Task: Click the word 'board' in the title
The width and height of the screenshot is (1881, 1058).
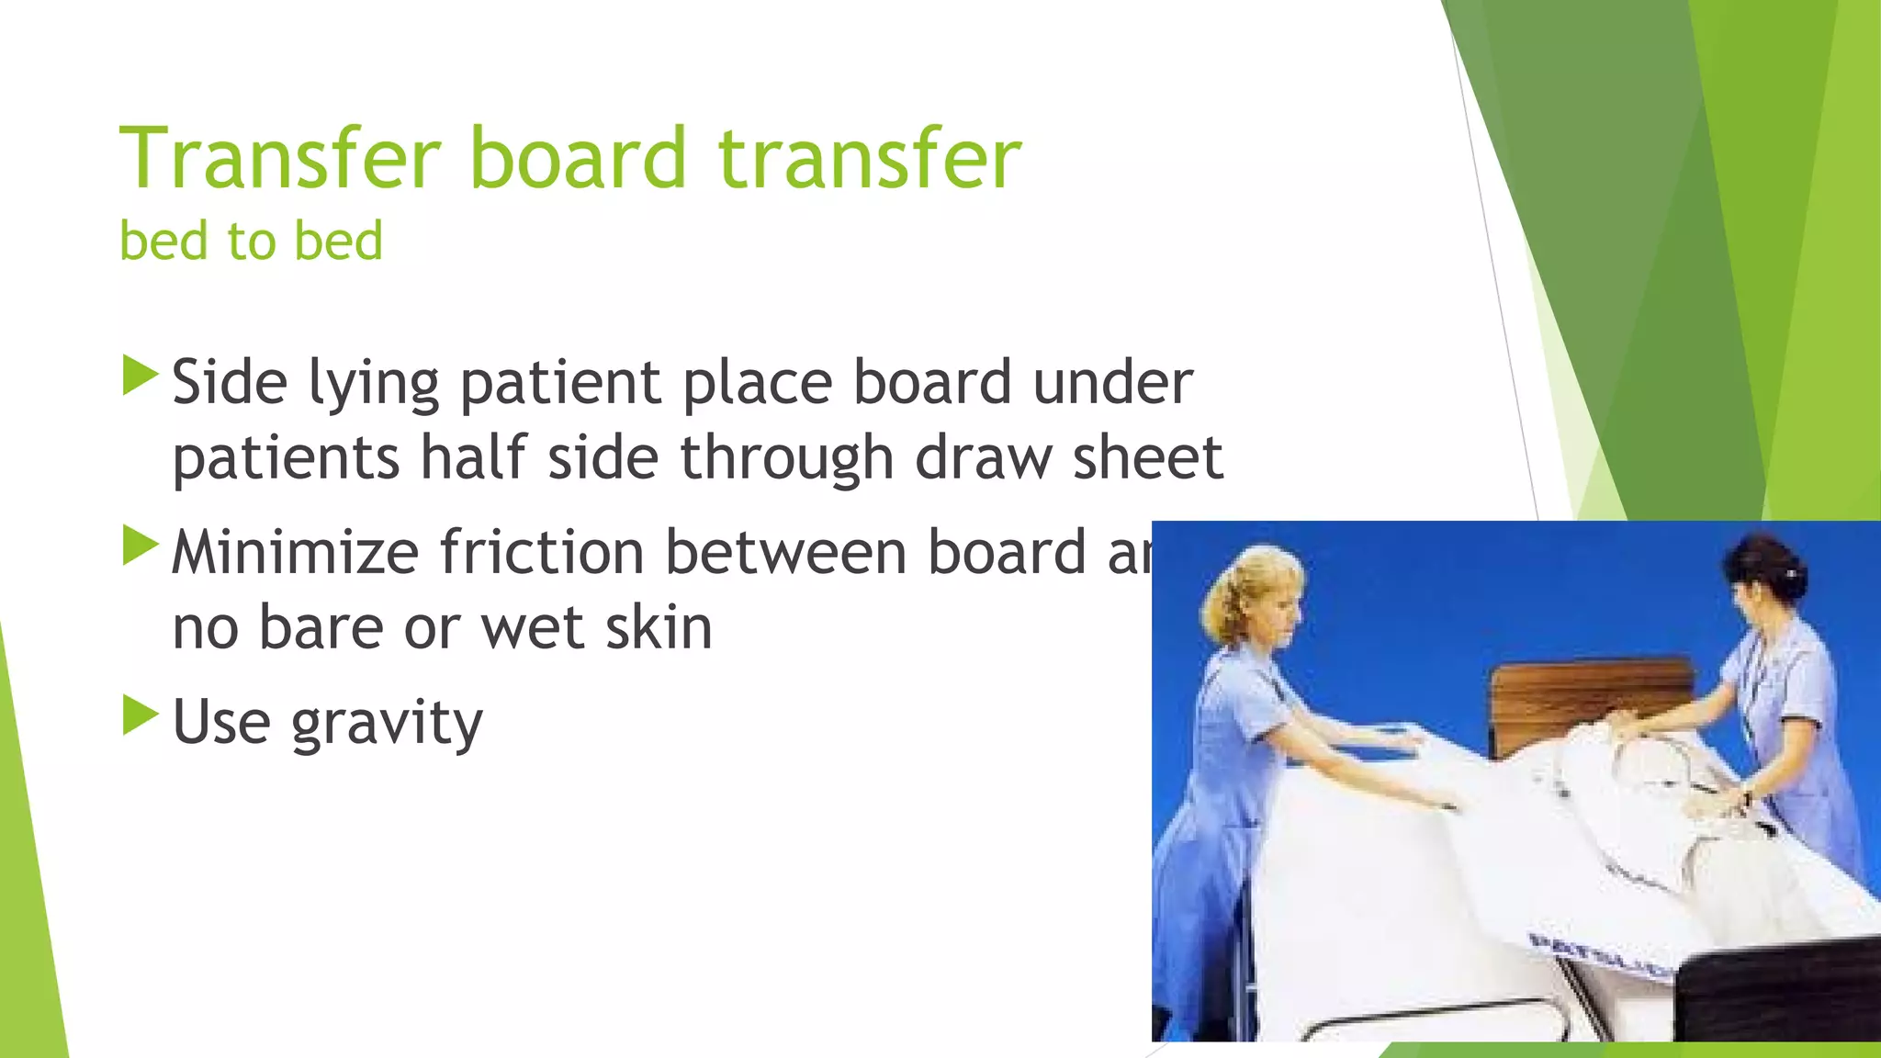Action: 578,158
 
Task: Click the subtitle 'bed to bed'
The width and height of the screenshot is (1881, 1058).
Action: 251,242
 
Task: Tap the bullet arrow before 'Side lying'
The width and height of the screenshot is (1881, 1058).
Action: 140,377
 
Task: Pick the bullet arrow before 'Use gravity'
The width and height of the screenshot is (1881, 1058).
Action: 140,715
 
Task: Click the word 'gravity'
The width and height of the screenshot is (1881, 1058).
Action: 387,724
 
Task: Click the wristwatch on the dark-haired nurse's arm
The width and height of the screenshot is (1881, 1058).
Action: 1745,795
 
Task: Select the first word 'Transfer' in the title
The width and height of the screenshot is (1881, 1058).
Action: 281,158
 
